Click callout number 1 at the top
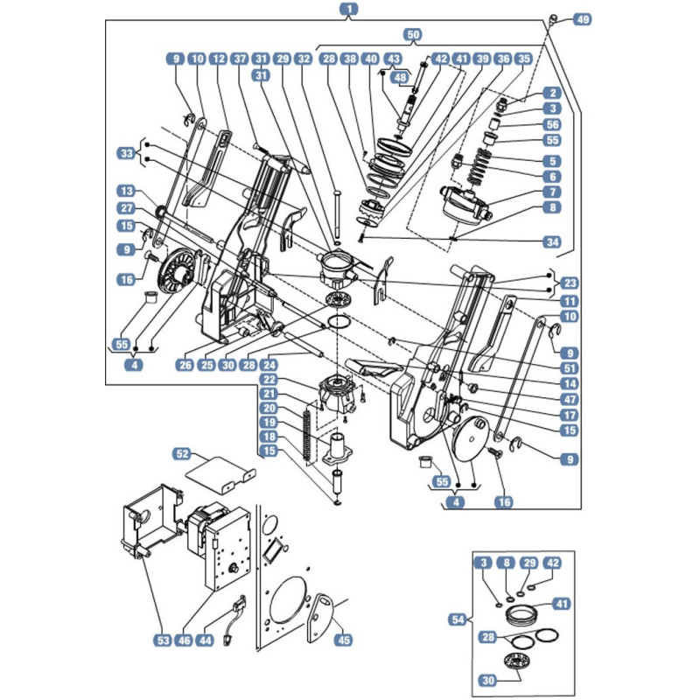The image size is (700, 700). point(349,9)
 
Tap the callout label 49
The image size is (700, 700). point(583,19)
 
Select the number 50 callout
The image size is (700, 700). point(413,35)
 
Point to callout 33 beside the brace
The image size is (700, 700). point(127,154)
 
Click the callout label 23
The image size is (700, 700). point(570,283)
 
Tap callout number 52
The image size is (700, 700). point(183,454)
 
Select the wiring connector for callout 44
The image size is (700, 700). point(234,620)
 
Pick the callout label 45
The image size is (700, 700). point(343,640)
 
